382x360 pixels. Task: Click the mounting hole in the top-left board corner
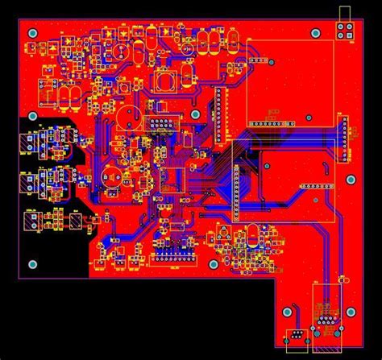(x=32, y=33)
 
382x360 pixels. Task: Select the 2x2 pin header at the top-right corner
(x=347, y=31)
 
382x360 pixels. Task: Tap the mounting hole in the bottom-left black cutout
(x=32, y=264)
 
